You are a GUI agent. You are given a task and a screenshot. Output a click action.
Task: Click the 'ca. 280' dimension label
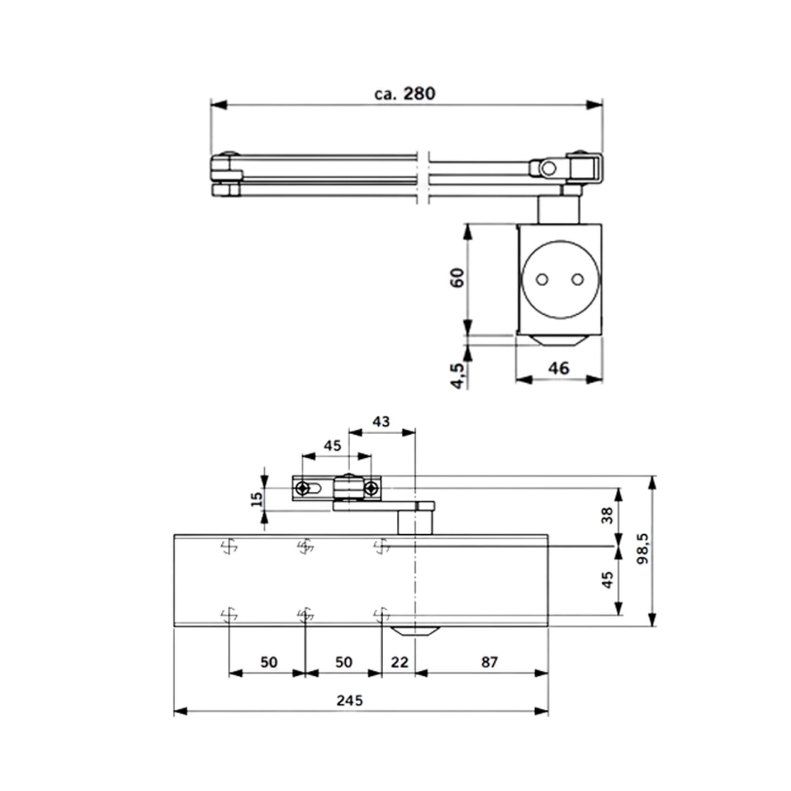(x=404, y=94)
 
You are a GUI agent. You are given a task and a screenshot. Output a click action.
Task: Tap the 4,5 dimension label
(x=457, y=375)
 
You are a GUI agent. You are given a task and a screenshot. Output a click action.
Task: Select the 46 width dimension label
(x=559, y=368)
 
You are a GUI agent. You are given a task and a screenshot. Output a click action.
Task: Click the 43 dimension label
(x=381, y=421)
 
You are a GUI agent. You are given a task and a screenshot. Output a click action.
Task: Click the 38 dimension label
(x=608, y=515)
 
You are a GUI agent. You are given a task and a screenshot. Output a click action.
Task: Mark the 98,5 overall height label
(x=642, y=549)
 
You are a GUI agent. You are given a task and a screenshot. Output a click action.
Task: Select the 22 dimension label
(x=399, y=662)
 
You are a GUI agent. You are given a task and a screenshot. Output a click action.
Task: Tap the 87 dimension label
(x=489, y=662)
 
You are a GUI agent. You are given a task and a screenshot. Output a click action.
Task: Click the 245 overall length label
(x=350, y=700)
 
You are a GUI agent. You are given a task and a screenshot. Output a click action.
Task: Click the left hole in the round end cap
(x=542, y=280)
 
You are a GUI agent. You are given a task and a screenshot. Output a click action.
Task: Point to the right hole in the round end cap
(x=577, y=280)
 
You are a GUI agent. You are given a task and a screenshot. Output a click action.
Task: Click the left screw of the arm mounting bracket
(x=303, y=488)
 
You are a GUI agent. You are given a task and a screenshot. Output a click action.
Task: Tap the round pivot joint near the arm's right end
(x=548, y=168)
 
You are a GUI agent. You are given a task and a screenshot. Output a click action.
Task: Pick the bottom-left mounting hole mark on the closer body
(x=229, y=615)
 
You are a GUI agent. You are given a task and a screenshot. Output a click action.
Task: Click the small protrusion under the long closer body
(x=415, y=631)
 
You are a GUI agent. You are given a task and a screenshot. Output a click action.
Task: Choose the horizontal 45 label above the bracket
(x=332, y=446)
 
